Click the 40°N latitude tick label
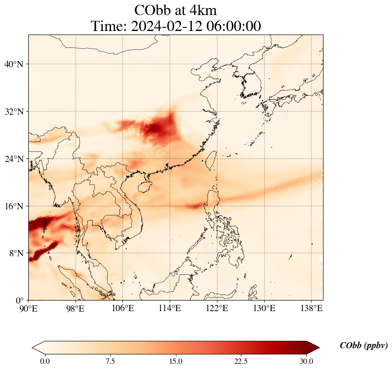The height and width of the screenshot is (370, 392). pyautogui.click(x=13, y=64)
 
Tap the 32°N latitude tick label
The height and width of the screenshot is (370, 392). pyautogui.click(x=13, y=112)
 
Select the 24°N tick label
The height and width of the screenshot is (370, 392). pyautogui.click(x=13, y=159)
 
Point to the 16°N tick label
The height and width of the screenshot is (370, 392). pyautogui.click(x=13, y=206)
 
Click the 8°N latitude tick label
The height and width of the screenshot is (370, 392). pyautogui.click(x=15, y=254)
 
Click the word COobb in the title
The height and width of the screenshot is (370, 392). pyautogui.click(x=152, y=10)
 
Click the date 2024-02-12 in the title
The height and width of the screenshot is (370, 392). pyautogui.click(x=167, y=27)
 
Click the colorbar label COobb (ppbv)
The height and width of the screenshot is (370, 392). pyautogui.click(x=363, y=346)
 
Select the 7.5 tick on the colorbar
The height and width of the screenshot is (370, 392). pyautogui.click(x=110, y=361)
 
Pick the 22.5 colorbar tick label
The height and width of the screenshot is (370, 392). pyautogui.click(x=241, y=361)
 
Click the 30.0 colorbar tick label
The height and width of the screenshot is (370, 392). pyautogui.click(x=306, y=361)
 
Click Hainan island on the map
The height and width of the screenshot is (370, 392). pyautogui.click(x=144, y=187)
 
